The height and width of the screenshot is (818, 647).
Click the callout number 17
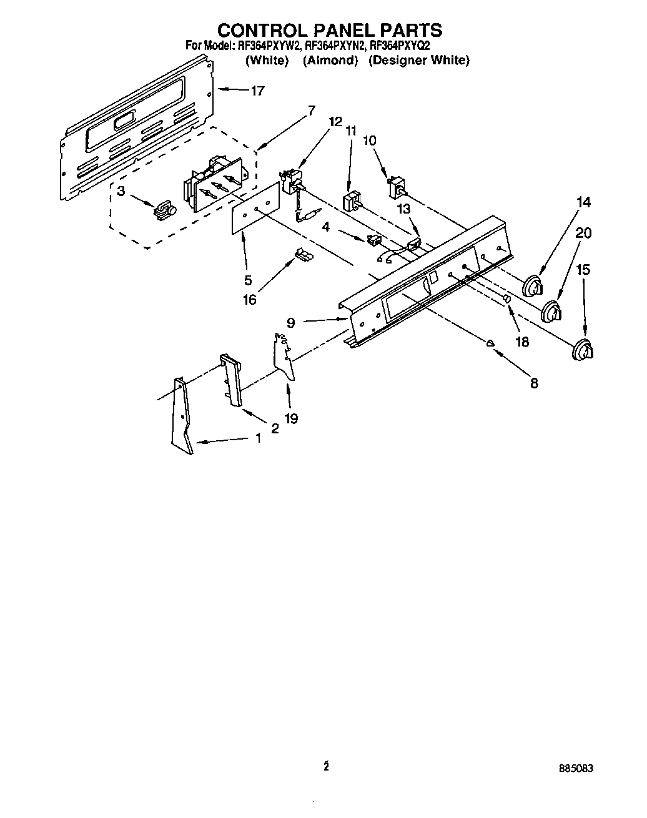[257, 91]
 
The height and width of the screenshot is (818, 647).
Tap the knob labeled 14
[532, 287]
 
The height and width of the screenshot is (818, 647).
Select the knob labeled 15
[582, 350]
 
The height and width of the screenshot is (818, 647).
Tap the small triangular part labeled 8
[491, 342]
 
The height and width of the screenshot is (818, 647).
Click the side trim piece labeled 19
[284, 356]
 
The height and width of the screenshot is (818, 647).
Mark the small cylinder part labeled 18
[506, 299]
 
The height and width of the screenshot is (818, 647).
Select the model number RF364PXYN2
[335, 46]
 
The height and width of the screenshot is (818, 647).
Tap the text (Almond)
[330, 61]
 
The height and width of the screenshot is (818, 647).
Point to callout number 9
[291, 323]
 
